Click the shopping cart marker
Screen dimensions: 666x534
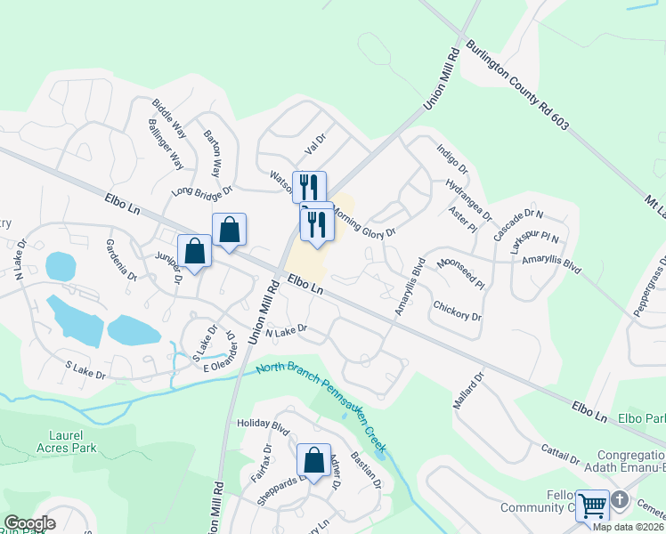593,506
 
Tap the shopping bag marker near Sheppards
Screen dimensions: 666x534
313,461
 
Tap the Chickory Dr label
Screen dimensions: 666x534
457,311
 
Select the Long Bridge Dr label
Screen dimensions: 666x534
201,190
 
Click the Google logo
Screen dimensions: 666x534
29,522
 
